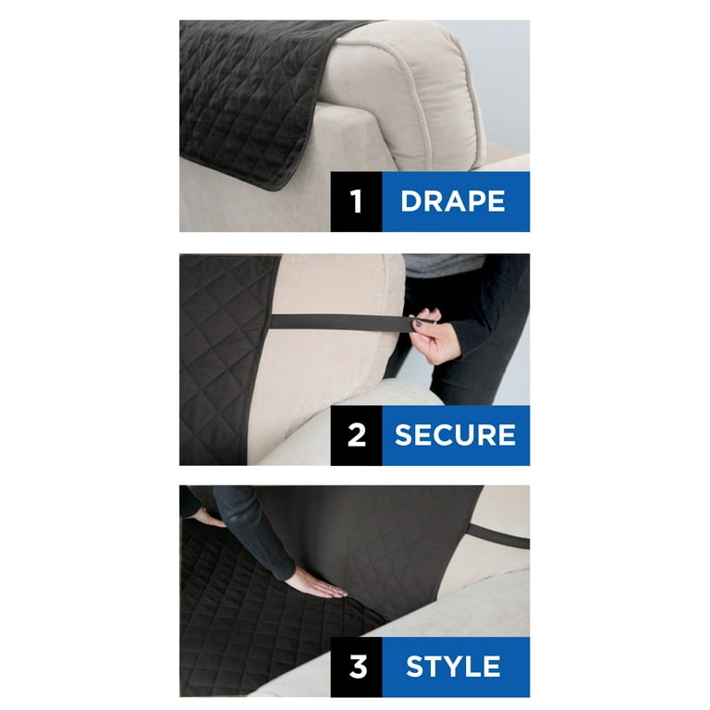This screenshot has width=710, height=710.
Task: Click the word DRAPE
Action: (453, 201)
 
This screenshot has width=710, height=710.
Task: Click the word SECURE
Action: (455, 435)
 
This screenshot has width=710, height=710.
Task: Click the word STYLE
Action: (453, 667)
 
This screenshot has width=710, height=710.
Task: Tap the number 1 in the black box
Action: (356, 201)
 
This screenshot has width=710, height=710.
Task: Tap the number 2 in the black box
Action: (357, 435)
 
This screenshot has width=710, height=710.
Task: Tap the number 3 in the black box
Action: (358, 667)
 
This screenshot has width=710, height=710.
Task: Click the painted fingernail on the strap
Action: (419, 324)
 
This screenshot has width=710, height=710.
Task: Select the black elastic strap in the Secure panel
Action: (344, 323)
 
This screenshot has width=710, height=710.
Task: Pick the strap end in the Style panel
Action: (498, 535)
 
